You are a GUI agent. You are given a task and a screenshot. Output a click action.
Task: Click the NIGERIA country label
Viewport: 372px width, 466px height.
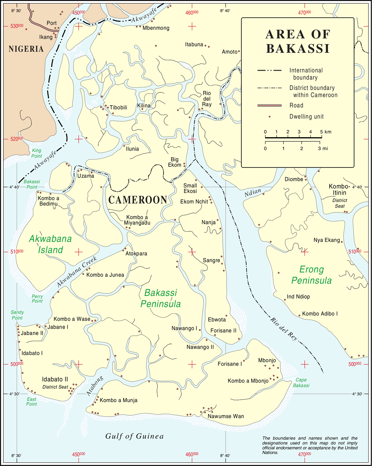(x=26, y=49)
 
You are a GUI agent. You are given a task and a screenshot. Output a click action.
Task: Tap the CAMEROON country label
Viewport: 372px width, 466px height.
(x=138, y=200)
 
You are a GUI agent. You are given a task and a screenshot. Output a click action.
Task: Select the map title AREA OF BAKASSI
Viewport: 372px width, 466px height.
(x=298, y=41)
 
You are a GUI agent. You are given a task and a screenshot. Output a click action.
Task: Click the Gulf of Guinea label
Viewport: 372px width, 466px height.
(x=134, y=436)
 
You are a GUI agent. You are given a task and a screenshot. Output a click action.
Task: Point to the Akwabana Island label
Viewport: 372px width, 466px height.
(x=50, y=244)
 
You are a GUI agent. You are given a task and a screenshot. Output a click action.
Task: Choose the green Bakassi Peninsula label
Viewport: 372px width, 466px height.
(x=161, y=298)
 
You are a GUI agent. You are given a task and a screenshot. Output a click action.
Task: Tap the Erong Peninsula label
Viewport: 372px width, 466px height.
(x=312, y=275)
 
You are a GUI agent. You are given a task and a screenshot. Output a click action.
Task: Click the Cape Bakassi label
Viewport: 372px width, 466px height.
(x=301, y=383)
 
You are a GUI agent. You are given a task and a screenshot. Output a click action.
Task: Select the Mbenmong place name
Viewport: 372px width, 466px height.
(x=156, y=28)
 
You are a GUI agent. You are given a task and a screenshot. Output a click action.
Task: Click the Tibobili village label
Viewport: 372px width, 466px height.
(x=118, y=107)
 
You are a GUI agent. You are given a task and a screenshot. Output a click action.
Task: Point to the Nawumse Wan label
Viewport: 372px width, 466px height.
(x=226, y=416)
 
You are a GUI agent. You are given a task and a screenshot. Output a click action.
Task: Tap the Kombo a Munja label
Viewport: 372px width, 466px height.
(x=118, y=400)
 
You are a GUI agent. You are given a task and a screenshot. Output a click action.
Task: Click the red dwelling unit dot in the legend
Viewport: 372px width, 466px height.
(x=269, y=117)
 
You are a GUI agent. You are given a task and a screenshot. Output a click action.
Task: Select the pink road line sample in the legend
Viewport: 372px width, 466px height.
(x=269, y=106)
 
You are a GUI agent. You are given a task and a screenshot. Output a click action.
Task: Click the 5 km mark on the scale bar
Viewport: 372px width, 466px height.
(x=321, y=137)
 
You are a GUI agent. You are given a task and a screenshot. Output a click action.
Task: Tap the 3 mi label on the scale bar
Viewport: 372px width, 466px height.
(x=323, y=149)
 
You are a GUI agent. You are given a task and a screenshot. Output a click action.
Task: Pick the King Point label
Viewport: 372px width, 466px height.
(x=37, y=153)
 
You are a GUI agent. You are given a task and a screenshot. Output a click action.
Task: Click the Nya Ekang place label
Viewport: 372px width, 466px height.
(x=326, y=240)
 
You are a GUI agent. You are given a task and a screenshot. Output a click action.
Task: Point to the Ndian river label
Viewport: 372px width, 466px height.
(x=253, y=193)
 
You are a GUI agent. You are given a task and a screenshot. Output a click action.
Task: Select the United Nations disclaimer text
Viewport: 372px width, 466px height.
(x=310, y=445)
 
